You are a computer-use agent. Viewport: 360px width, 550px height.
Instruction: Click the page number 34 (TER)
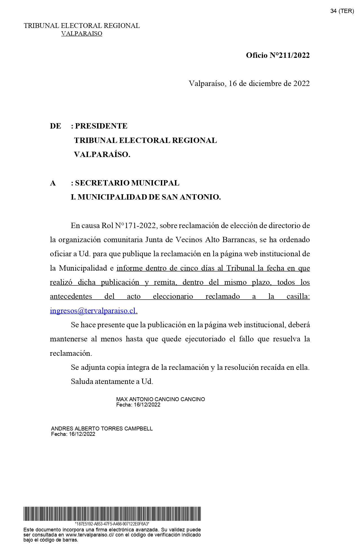tap(342, 11)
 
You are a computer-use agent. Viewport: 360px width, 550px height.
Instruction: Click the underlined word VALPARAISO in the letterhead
tap(82, 34)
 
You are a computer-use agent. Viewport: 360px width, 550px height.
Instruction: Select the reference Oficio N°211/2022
tap(278, 55)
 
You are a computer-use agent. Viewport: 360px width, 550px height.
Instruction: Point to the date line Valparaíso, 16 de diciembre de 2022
tap(249, 83)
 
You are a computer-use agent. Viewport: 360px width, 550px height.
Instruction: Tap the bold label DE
tap(55, 126)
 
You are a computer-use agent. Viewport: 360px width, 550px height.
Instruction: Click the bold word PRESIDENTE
tap(101, 126)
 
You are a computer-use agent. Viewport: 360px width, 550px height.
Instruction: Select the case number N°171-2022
tap(135, 226)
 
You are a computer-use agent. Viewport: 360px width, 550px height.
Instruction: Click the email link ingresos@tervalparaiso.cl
tap(93, 311)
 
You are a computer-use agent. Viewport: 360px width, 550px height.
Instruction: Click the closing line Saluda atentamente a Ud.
tap(112, 381)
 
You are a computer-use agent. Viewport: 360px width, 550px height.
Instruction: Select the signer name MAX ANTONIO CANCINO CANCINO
tap(161, 399)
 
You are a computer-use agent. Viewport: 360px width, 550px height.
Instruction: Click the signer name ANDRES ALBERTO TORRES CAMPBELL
tap(102, 428)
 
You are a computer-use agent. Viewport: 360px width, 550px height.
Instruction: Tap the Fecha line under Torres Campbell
tap(73, 434)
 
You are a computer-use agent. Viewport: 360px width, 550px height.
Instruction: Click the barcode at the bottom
tap(112, 514)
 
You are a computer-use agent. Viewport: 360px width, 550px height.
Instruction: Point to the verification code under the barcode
tap(112, 524)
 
